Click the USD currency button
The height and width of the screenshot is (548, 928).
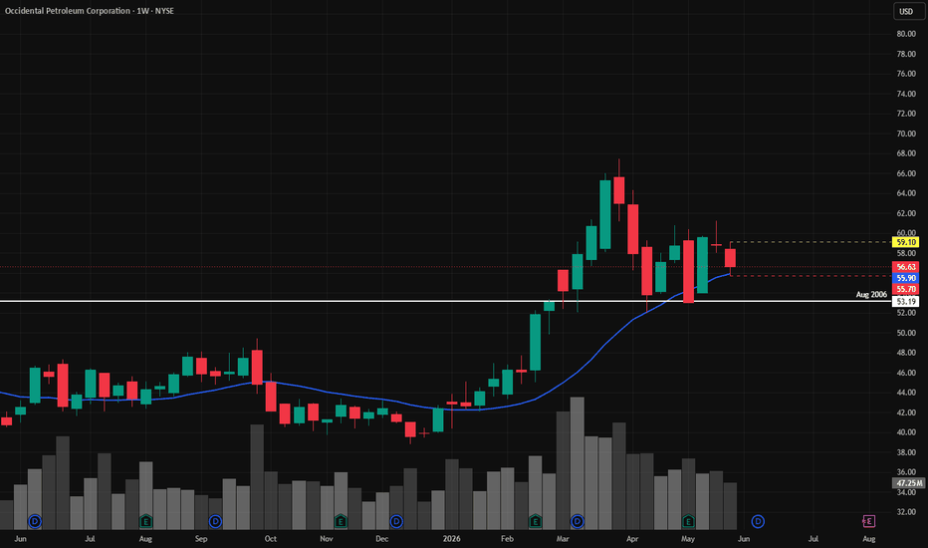point(906,11)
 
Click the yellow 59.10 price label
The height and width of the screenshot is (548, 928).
point(905,242)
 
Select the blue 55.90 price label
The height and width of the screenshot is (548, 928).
point(905,278)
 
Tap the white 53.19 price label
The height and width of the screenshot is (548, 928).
point(905,302)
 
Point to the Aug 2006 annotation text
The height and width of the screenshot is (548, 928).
point(871,295)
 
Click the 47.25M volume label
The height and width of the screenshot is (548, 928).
point(908,483)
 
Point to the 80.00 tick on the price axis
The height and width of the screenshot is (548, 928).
point(906,34)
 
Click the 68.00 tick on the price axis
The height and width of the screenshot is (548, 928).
point(906,153)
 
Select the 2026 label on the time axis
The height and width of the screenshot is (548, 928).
point(452,538)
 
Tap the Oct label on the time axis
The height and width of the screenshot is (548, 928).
point(271,538)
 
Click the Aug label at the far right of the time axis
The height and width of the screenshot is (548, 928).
point(869,538)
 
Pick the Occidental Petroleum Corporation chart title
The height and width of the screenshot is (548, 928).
point(68,11)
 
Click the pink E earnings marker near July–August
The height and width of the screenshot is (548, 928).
point(868,521)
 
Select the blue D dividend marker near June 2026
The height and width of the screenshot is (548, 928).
point(758,521)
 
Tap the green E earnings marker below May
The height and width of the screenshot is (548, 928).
point(688,521)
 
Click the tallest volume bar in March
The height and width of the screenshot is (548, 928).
point(578,462)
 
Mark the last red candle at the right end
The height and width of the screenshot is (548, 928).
point(730,258)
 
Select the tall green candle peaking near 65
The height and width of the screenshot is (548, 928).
point(604,214)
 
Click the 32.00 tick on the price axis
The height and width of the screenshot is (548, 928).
point(906,512)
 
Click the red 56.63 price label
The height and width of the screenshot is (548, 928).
point(905,267)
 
